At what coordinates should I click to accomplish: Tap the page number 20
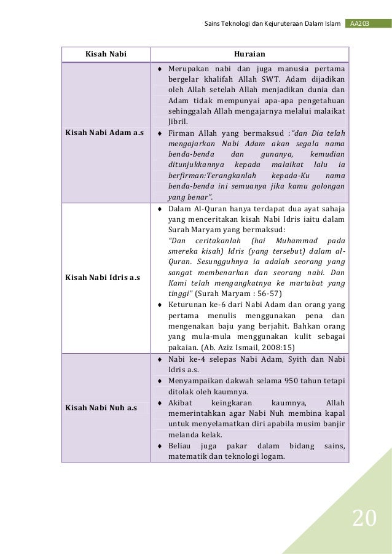click(364, 520)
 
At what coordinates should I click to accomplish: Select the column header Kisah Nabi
click(105, 54)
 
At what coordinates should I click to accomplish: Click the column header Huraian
click(249, 54)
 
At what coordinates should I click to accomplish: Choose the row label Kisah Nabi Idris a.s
click(103, 278)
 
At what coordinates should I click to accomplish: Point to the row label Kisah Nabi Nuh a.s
click(101, 407)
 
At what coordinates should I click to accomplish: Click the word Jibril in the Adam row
click(177, 122)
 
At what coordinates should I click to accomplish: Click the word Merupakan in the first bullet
click(189, 67)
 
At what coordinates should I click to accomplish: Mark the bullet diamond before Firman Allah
click(160, 133)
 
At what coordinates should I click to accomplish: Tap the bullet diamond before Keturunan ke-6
click(160, 304)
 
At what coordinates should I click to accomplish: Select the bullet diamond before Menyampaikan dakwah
click(160, 381)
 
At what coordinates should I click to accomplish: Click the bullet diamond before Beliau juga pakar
click(160, 446)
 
